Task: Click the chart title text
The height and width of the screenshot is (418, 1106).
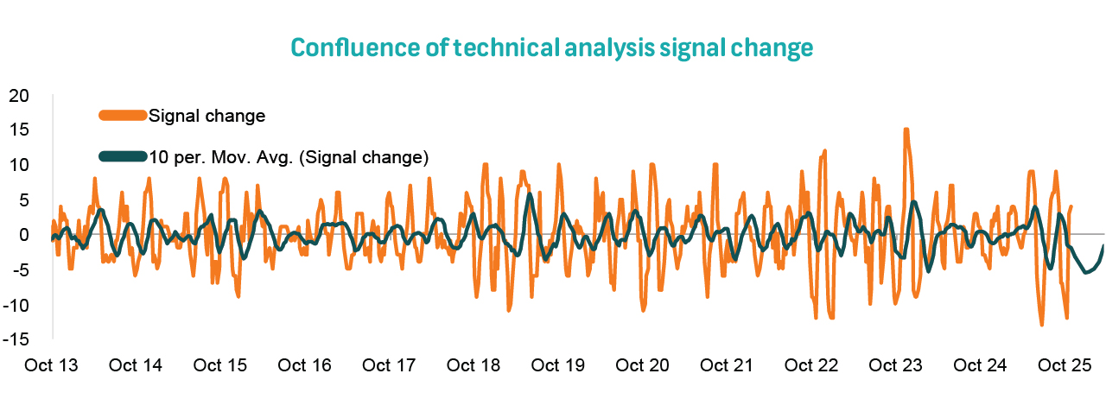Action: (552, 47)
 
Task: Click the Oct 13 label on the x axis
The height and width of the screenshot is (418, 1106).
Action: (51, 365)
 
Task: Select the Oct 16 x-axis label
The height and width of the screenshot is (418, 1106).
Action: (304, 365)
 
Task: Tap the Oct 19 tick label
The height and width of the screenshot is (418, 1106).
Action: (557, 365)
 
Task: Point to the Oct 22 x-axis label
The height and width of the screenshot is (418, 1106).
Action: (811, 365)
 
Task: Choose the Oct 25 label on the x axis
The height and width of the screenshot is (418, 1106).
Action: (1064, 365)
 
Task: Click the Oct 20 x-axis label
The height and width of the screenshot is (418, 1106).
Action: (642, 365)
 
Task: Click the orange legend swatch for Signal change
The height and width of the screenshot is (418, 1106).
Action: (122, 115)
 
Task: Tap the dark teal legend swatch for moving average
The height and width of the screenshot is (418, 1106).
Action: (122, 156)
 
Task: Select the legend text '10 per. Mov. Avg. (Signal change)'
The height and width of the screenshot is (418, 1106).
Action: (289, 156)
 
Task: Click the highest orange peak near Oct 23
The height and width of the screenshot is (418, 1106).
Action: (906, 130)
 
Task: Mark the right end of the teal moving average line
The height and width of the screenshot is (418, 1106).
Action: (1103, 246)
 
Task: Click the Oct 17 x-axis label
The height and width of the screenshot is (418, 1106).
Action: (389, 365)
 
